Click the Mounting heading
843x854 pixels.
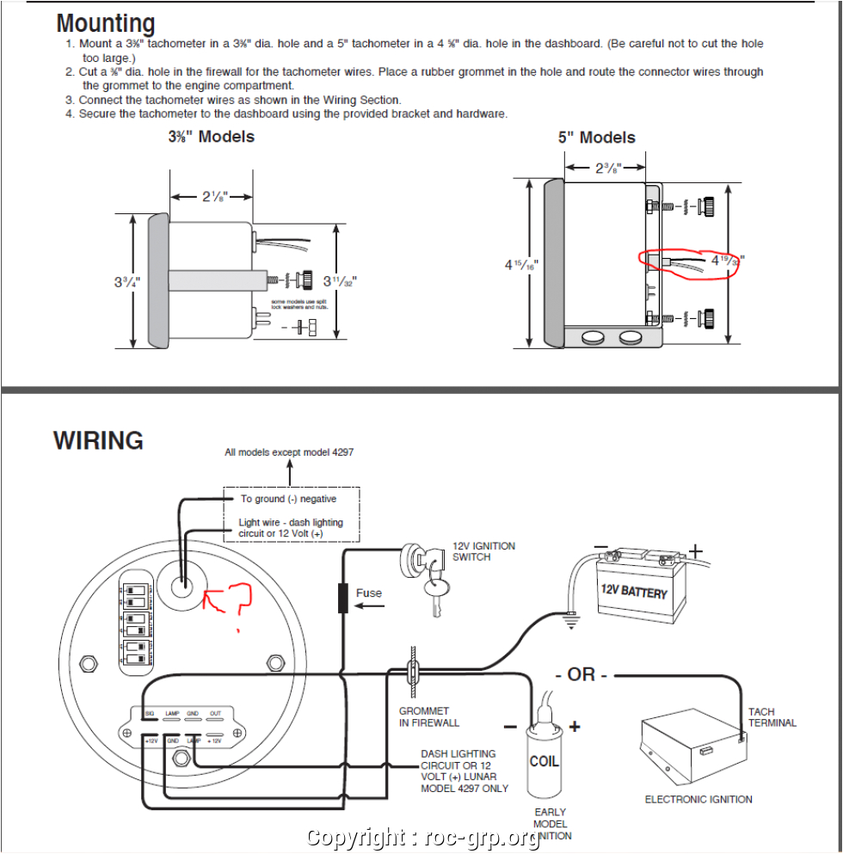pyautogui.click(x=106, y=23)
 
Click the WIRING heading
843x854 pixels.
pyautogui.click(x=98, y=440)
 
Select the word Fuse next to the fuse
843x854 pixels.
pyautogui.click(x=369, y=593)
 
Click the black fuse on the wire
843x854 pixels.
pyautogui.click(x=343, y=598)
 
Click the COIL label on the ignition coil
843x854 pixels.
pyautogui.click(x=544, y=761)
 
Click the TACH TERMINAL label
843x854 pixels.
pyautogui.click(x=772, y=717)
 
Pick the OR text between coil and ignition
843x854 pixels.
pyautogui.click(x=581, y=674)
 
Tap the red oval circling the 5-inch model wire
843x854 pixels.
pyautogui.click(x=687, y=263)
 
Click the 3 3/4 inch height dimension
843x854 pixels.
pyautogui.click(x=125, y=280)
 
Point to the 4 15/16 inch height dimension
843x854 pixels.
pyautogui.click(x=521, y=265)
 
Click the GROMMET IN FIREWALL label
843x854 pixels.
pyautogui.click(x=428, y=717)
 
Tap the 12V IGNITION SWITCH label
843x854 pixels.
pyautogui.click(x=483, y=551)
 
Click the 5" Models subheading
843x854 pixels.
pyautogui.click(x=596, y=138)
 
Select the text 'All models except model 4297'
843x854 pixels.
pyautogui.click(x=289, y=452)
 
